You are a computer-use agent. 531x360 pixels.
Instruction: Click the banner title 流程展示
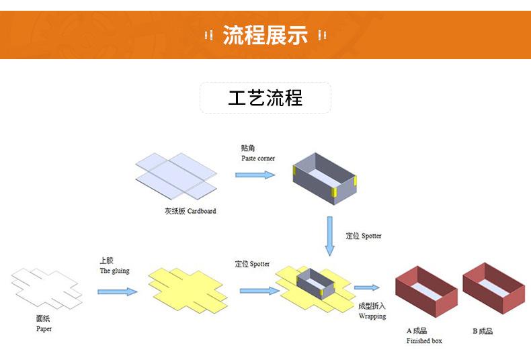(265, 35)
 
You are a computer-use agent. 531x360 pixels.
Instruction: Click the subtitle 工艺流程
(265, 98)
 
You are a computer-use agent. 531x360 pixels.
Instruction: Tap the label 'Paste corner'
(258, 159)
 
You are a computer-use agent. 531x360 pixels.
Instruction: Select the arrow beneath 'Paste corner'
(255, 175)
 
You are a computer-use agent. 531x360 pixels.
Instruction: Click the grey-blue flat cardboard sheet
(176, 176)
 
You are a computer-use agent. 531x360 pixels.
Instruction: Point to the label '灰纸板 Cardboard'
(190, 211)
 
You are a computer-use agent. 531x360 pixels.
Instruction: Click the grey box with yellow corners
(326, 178)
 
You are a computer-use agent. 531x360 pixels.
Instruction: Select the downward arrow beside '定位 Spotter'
(329, 235)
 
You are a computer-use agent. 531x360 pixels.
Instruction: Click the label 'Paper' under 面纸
(44, 329)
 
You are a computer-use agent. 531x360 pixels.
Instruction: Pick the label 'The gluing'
(114, 271)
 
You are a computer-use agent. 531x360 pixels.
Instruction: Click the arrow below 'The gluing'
(118, 291)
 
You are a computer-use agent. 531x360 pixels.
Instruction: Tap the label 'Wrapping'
(372, 316)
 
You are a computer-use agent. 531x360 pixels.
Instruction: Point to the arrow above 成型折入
(366, 288)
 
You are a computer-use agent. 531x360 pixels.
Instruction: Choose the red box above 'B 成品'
(494, 287)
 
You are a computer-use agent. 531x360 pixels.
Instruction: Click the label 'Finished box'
(424, 341)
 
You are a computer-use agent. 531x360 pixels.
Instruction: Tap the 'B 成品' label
(483, 331)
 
